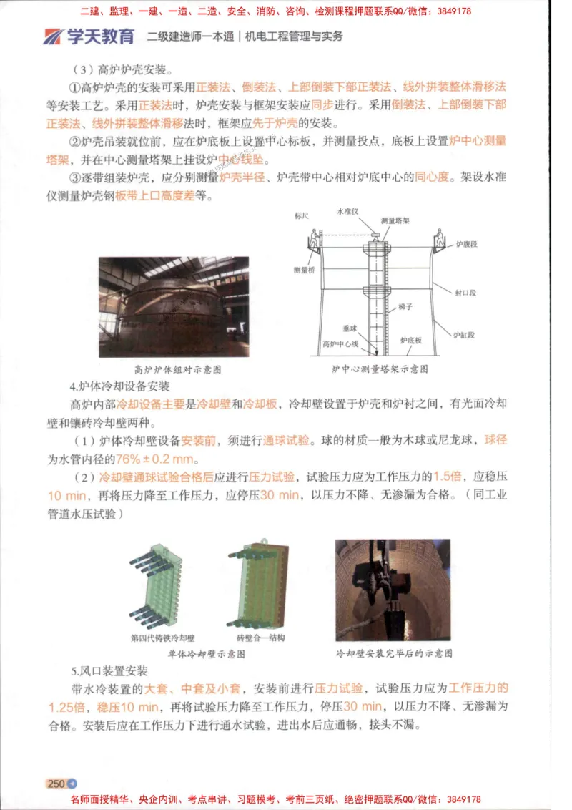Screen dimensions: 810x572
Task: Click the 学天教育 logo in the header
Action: tap(88, 36)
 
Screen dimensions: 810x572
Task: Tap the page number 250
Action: tap(56, 784)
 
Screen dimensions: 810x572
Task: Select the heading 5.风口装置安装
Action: tap(109, 671)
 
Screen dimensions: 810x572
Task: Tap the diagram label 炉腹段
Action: tap(466, 244)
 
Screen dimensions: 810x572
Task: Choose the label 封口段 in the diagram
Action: tap(466, 293)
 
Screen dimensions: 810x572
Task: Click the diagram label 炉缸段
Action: tap(466, 334)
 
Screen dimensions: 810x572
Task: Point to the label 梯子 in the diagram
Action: tap(406, 306)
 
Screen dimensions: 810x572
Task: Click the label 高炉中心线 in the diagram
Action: tap(340, 343)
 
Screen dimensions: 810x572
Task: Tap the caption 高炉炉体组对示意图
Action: tap(178, 370)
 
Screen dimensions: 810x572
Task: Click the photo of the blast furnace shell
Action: tap(174, 306)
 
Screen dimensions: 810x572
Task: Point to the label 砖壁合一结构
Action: tap(260, 638)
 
